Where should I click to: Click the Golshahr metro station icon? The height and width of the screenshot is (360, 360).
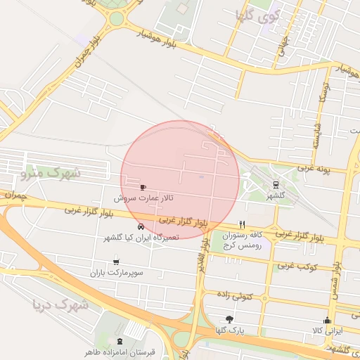tap(275, 185)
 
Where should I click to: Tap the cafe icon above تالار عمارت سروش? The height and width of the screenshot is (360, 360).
tap(144, 187)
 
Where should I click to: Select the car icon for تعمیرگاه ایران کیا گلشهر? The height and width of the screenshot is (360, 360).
tap(141, 226)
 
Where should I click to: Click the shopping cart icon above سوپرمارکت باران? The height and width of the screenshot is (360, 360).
tap(116, 262)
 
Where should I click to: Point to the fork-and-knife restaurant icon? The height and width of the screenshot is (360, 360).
tap(243, 224)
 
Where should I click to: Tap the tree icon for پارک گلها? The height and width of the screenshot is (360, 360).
tap(229, 319)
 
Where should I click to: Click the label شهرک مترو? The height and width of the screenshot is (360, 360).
tap(51, 171)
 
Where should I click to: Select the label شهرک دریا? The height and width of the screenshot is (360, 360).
tap(60, 305)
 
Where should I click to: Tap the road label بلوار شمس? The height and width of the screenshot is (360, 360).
tap(337, 278)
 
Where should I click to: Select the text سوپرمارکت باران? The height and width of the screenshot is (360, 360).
tap(117, 272)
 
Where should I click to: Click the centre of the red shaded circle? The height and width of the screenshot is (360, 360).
tap(181, 180)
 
